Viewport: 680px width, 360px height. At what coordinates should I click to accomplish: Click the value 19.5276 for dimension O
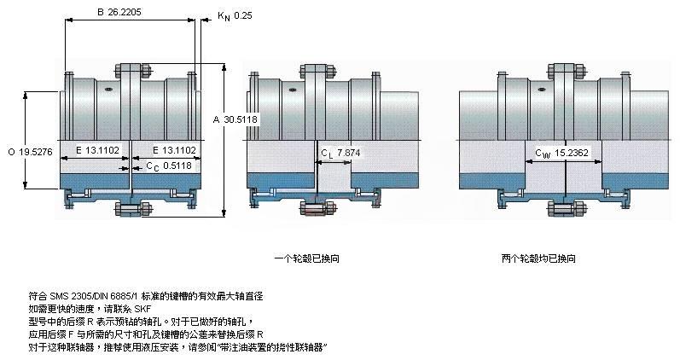(36, 152)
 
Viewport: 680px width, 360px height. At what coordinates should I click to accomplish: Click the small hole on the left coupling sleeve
(108, 88)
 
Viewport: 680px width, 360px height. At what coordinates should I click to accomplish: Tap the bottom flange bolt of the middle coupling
(317, 208)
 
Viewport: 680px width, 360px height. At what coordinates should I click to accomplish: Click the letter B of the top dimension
(100, 13)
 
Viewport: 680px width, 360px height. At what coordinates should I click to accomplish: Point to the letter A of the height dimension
(217, 119)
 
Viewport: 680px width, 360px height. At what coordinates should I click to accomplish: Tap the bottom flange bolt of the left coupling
(130, 210)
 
